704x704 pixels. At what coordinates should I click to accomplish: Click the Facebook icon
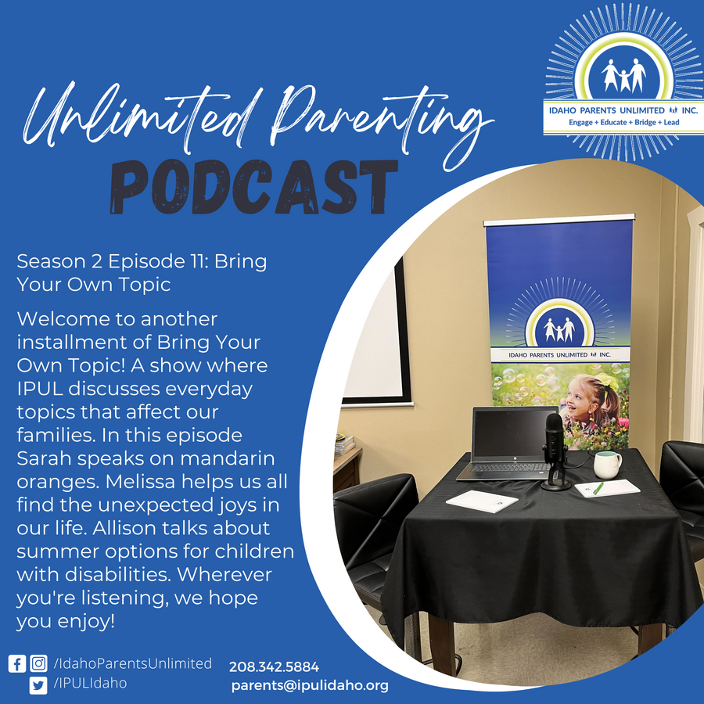point(17,663)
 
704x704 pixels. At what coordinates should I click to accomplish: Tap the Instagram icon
point(38,663)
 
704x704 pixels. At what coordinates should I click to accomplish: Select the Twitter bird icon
point(38,685)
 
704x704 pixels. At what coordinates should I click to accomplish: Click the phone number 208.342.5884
point(274,666)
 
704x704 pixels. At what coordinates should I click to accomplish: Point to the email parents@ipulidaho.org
point(310,685)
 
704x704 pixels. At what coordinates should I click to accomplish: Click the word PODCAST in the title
point(254,186)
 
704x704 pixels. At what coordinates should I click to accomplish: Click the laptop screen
point(515,433)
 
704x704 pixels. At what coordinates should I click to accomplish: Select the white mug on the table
point(607,465)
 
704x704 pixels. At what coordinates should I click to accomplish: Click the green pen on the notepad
point(598,488)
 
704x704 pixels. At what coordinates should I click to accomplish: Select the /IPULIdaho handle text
point(90,684)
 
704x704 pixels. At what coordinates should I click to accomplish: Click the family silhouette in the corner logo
point(623,75)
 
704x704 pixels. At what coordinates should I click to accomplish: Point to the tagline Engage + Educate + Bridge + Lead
point(623,122)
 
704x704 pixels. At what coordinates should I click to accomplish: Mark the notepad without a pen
point(482,501)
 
